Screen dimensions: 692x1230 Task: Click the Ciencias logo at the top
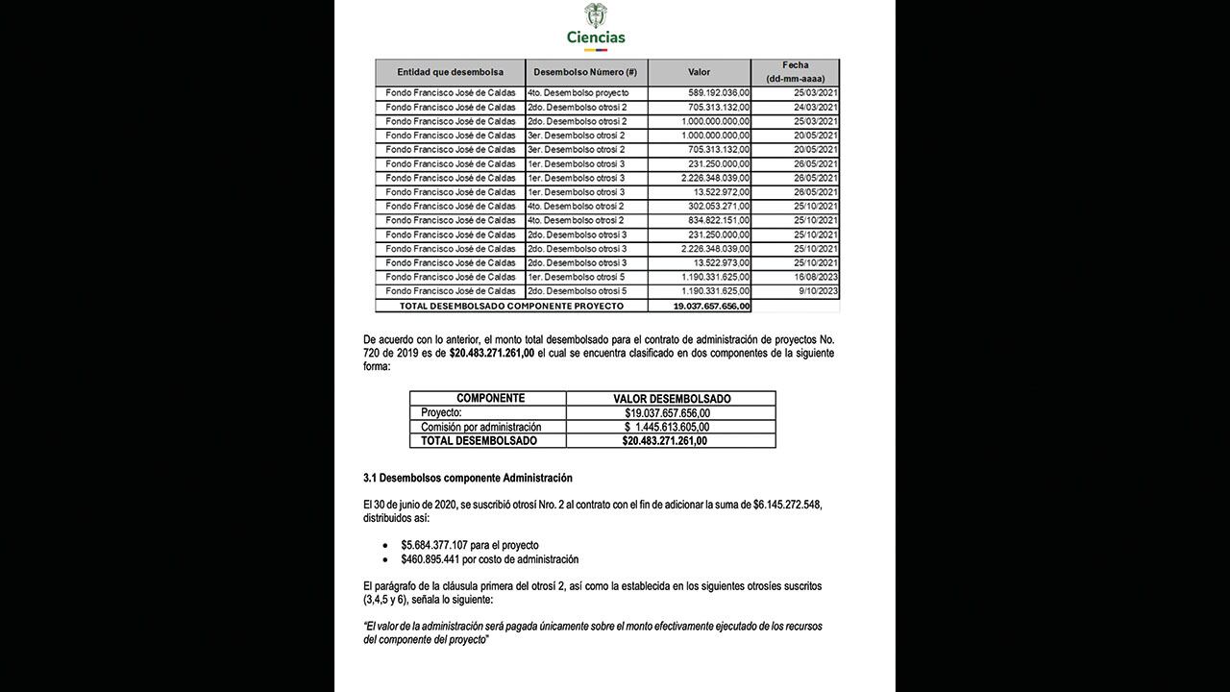(x=596, y=26)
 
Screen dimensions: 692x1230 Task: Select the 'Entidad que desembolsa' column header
(x=450, y=72)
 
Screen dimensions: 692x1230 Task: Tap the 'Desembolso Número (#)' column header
(x=585, y=72)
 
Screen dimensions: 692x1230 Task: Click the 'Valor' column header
(x=699, y=72)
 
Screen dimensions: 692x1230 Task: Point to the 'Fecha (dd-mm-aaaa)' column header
(x=795, y=72)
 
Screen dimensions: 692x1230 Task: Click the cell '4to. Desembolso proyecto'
(x=578, y=93)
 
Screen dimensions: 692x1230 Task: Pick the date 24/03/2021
(x=814, y=108)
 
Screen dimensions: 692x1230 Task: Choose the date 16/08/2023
(x=814, y=277)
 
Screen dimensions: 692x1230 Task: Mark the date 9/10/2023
(x=817, y=291)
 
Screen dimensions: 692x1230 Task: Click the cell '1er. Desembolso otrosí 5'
(x=577, y=277)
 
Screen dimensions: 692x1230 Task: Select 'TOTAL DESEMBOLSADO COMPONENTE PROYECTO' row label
(x=499, y=306)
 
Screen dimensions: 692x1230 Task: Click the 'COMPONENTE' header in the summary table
(x=490, y=398)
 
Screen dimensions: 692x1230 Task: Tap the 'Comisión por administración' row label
(x=481, y=427)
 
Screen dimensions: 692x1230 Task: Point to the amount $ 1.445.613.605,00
(x=667, y=427)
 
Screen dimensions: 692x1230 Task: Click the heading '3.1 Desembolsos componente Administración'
(x=468, y=478)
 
